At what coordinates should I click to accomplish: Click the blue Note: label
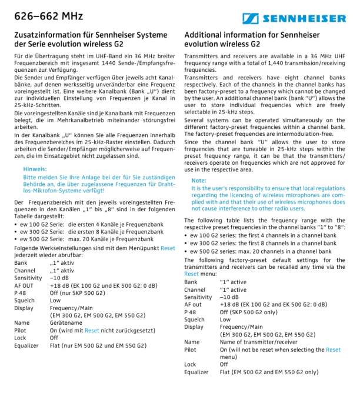[x=199, y=181]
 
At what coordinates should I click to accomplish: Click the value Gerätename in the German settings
[x=66, y=322]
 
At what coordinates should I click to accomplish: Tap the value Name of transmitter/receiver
[x=258, y=342]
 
